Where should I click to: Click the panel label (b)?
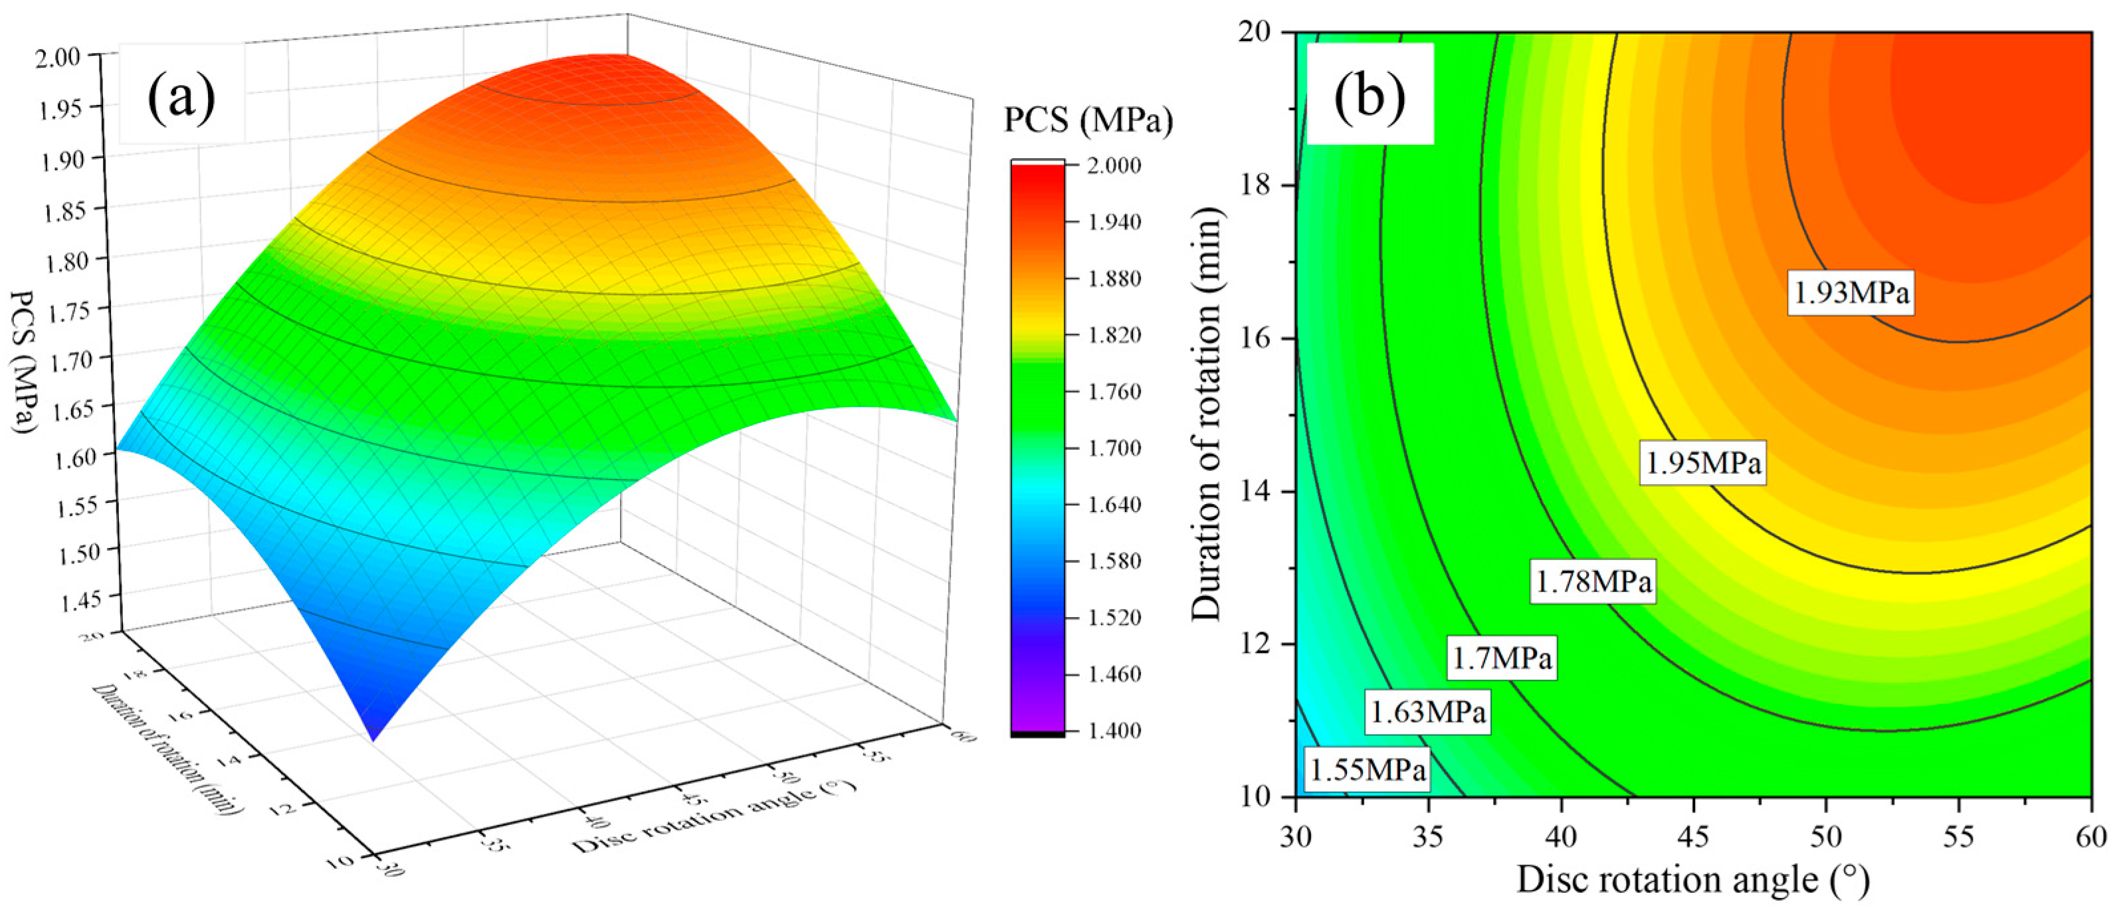1369,97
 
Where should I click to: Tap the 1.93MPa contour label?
1850,292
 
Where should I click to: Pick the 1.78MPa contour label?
1592,582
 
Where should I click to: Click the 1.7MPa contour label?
1501,658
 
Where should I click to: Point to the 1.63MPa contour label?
1427,710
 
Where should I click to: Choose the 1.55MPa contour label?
1367,771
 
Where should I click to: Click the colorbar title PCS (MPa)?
1087,121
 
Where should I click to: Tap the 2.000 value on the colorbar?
1113,165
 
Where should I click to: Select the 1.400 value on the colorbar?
1113,730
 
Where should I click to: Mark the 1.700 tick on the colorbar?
1113,448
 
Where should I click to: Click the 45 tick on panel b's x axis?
1694,837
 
